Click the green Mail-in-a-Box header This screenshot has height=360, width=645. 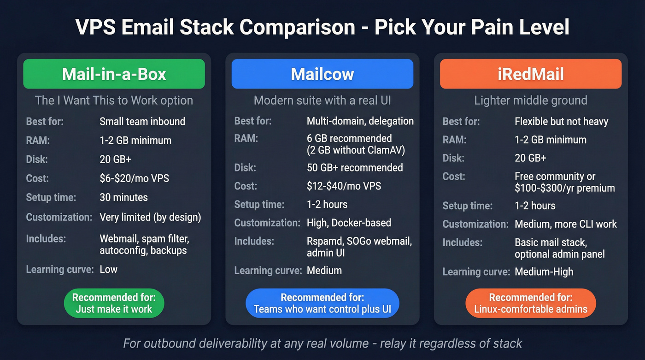(114, 74)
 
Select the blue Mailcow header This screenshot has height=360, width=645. (322, 74)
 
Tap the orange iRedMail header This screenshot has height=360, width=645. (531, 74)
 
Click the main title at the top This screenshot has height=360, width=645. (322, 27)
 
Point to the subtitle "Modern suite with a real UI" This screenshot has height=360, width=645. (322, 100)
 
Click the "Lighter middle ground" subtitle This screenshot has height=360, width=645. (531, 100)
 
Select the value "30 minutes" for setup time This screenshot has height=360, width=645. (123, 197)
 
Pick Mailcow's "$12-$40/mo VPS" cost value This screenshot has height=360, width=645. (344, 186)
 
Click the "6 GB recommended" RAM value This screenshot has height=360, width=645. (349, 138)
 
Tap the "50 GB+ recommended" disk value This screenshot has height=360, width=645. (355, 167)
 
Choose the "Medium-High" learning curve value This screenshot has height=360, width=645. (544, 272)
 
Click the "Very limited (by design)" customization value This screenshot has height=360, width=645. (150, 217)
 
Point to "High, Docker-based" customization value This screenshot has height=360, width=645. (349, 223)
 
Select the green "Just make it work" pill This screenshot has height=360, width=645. (114, 303)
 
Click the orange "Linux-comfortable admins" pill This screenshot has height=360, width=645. (531, 303)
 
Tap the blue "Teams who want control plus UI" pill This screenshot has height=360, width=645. (322, 303)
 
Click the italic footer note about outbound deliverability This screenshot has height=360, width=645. (322, 343)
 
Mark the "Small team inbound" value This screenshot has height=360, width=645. (142, 122)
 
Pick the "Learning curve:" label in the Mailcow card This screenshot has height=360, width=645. (268, 271)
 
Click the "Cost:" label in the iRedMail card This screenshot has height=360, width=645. (454, 177)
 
